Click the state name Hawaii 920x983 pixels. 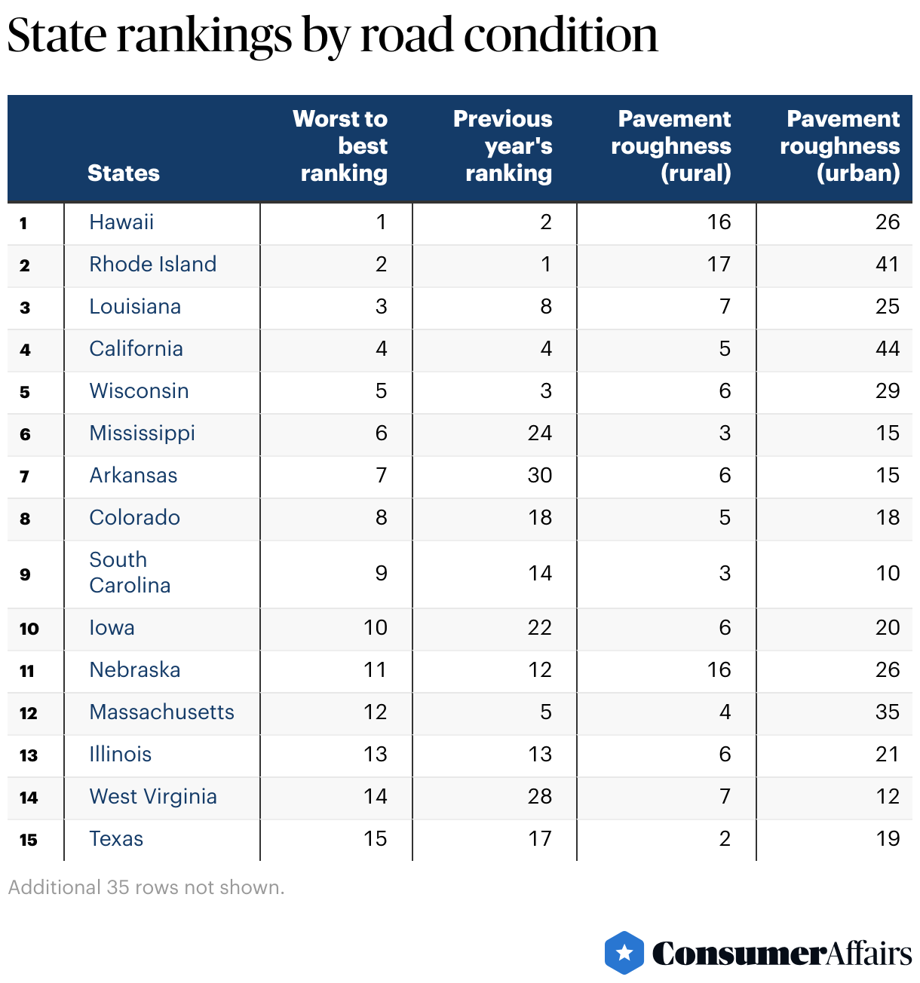tap(121, 222)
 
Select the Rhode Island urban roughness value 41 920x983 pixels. tap(887, 265)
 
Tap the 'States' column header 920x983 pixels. tap(123, 173)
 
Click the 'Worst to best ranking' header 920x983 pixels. tap(340, 146)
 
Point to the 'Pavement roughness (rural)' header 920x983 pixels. tap(671, 146)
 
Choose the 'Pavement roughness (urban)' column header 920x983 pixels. tap(840, 146)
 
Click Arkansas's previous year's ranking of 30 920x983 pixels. tap(539, 476)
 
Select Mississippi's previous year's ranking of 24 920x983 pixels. tap(539, 433)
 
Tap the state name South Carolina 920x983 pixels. tap(130, 573)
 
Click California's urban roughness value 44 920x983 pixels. tap(887, 349)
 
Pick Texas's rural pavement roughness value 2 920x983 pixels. tap(725, 839)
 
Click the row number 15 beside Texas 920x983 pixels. tap(29, 840)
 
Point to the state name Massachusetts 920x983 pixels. tap(161, 712)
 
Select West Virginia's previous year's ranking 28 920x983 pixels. tap(539, 797)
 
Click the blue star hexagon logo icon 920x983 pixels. tap(624, 953)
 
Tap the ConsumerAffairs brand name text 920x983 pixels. tap(782, 954)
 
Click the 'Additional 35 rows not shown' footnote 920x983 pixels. tap(146, 887)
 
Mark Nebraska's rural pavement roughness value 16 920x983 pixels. tap(719, 670)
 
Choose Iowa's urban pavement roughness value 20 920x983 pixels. tap(887, 628)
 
